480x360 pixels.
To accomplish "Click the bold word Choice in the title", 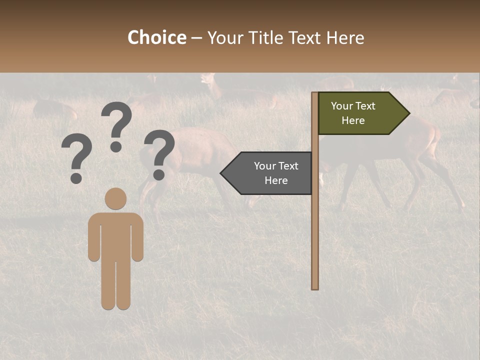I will click(156, 37).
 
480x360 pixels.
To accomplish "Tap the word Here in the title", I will click(345, 37).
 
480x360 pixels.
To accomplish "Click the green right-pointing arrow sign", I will click(360, 113).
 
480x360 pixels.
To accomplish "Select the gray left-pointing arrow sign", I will click(270, 173).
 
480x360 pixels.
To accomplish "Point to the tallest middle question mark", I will click(116, 122).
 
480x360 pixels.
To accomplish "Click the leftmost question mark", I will click(76, 157).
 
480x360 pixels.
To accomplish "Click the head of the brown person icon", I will click(115, 198).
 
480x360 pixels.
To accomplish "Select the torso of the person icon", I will click(115, 235).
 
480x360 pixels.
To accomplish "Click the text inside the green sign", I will click(353, 113).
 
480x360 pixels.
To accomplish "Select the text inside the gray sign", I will click(276, 173).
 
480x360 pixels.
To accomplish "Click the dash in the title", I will click(196, 38).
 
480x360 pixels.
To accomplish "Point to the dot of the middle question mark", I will click(116, 147).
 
